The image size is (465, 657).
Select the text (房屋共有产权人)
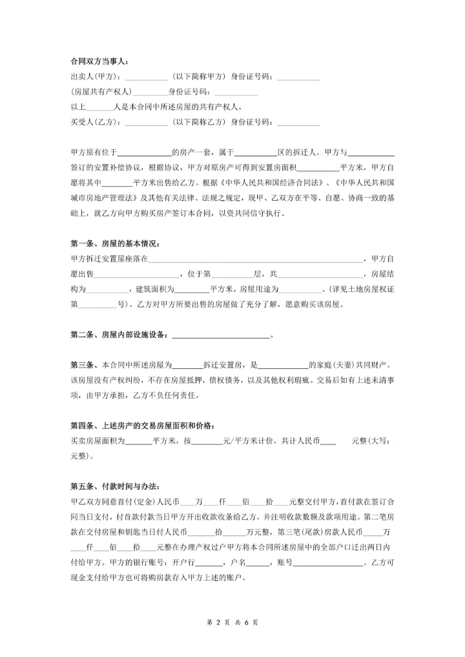pyautogui.click(x=101, y=92)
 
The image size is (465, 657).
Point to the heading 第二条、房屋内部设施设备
pyautogui.click(x=119, y=335)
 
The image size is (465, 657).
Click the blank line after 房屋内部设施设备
pyautogui.click(x=221, y=336)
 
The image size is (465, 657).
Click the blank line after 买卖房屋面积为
pyautogui.click(x=138, y=443)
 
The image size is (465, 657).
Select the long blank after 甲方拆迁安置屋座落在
pyautogui.click(x=256, y=260)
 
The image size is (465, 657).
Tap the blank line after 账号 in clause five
pyautogui.click(x=329, y=563)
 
